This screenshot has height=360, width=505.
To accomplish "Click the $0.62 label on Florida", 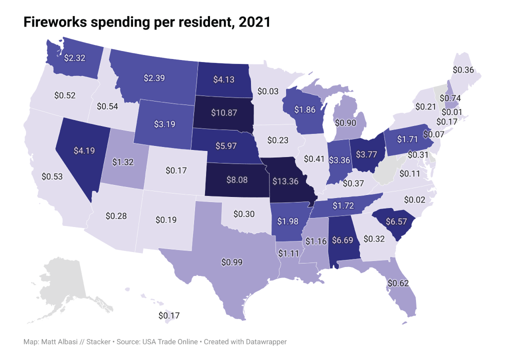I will tap(398, 283).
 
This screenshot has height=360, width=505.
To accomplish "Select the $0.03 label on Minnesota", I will tap(268, 91).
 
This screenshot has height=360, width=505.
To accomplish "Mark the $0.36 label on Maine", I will tap(463, 70).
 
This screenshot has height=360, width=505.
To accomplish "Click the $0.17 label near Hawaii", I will tap(169, 315).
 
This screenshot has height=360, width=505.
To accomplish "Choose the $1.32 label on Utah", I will tap(122, 161).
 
